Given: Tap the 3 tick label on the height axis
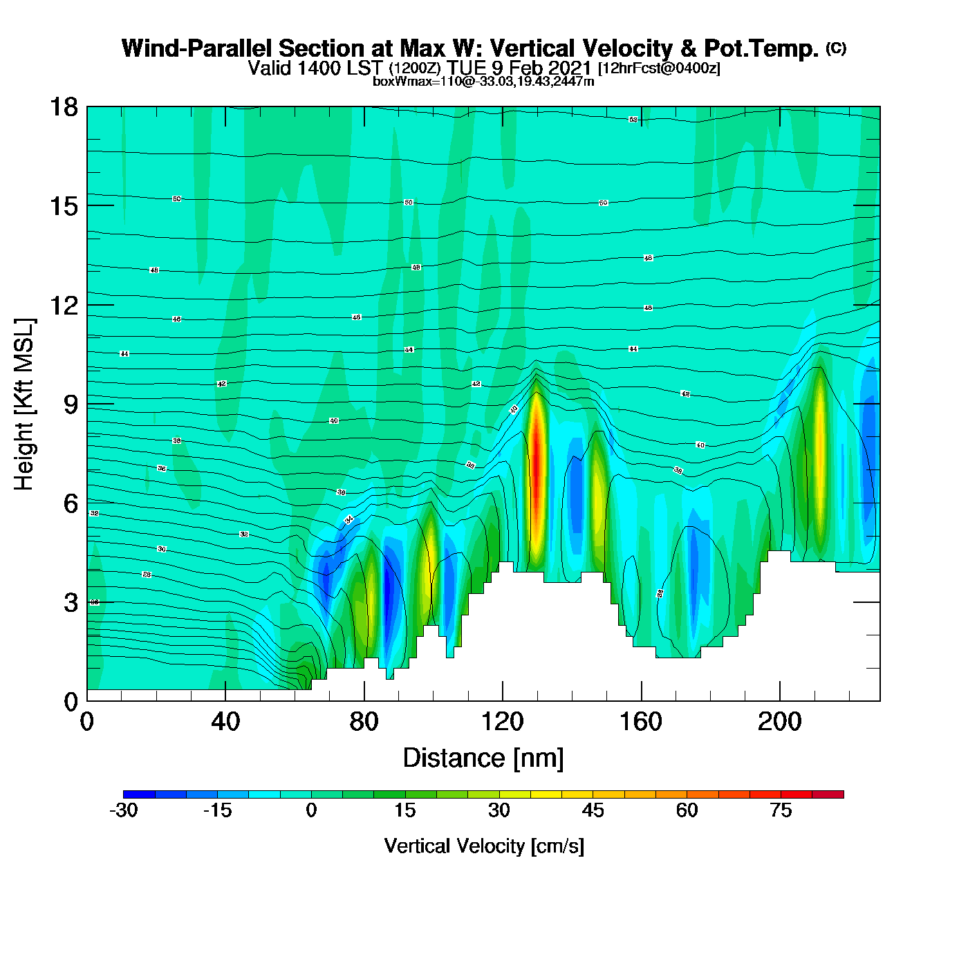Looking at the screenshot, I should pos(71,602).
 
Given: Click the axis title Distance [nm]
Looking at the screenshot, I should pos(483,758).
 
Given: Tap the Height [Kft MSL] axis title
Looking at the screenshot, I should pos(24,404).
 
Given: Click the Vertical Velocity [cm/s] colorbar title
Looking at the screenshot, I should pos(483,846).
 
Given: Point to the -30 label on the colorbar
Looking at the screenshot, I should pos(124,810).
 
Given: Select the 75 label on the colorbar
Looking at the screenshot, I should pos(781,810).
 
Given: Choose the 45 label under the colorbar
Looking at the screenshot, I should pos(593,810).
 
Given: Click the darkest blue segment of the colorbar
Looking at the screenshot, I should pos(139,794).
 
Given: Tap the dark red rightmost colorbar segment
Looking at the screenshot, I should pos(828,794).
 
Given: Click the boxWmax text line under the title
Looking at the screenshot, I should pos(483,82).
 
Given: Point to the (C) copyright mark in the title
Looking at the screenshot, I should pos(836,48).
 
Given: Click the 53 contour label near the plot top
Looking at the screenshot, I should pos(633,120).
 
